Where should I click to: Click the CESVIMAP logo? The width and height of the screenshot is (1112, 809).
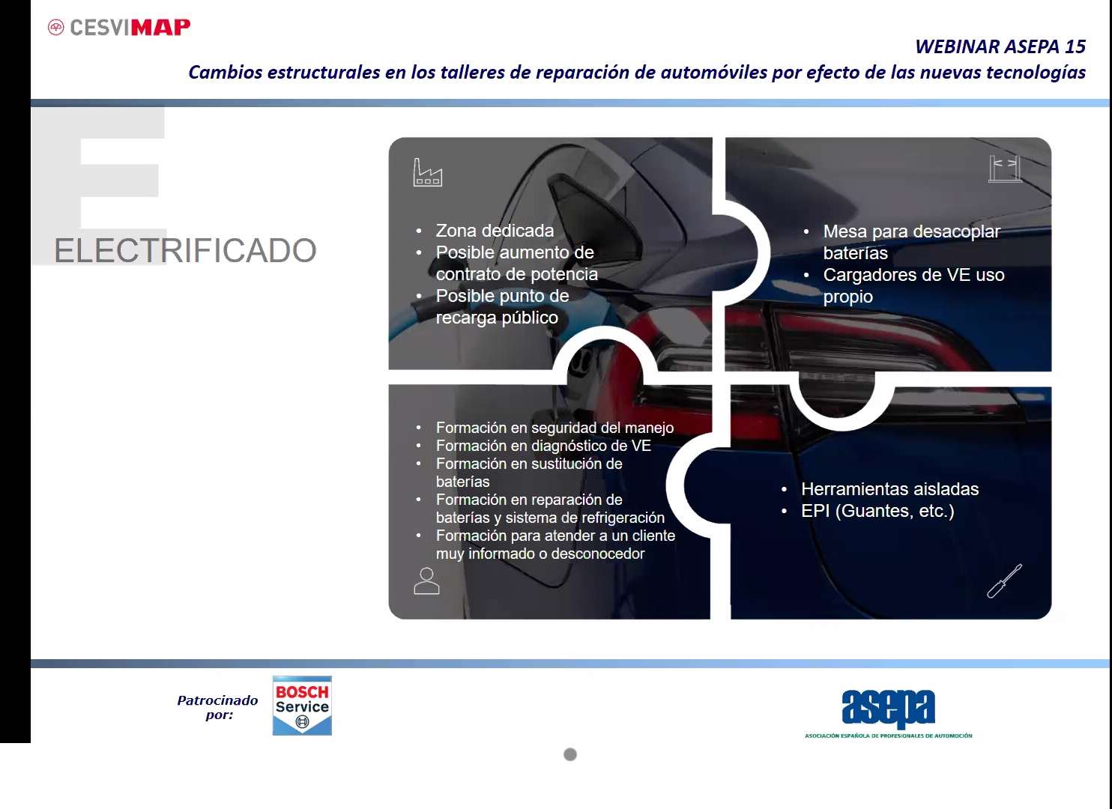[x=119, y=27]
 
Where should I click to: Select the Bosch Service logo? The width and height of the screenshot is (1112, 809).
[x=302, y=706]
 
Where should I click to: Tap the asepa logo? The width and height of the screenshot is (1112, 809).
[x=889, y=713]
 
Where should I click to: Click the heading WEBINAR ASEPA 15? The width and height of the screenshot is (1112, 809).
[x=1000, y=46]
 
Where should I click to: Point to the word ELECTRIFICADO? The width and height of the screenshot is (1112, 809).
[x=185, y=250]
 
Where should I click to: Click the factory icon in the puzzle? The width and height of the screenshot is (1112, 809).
[x=427, y=172]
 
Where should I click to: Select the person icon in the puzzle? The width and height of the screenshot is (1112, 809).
[x=426, y=581]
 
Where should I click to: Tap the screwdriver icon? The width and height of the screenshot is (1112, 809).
[x=1004, y=581]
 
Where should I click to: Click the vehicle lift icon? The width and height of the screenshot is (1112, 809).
[x=1005, y=169]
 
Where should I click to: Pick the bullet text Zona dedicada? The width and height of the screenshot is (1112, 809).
[x=495, y=231]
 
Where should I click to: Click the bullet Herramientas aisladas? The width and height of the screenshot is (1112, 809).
[x=889, y=489]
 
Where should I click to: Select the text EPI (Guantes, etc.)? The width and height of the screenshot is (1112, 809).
[x=877, y=511]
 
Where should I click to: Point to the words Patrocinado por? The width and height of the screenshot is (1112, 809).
[x=218, y=707]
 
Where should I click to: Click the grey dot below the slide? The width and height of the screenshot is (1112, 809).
[x=570, y=754]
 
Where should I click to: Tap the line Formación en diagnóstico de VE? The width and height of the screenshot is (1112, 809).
[x=543, y=446]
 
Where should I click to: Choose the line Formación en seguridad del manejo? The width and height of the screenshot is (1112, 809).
[x=555, y=428]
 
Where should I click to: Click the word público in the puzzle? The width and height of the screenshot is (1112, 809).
[x=531, y=318]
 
